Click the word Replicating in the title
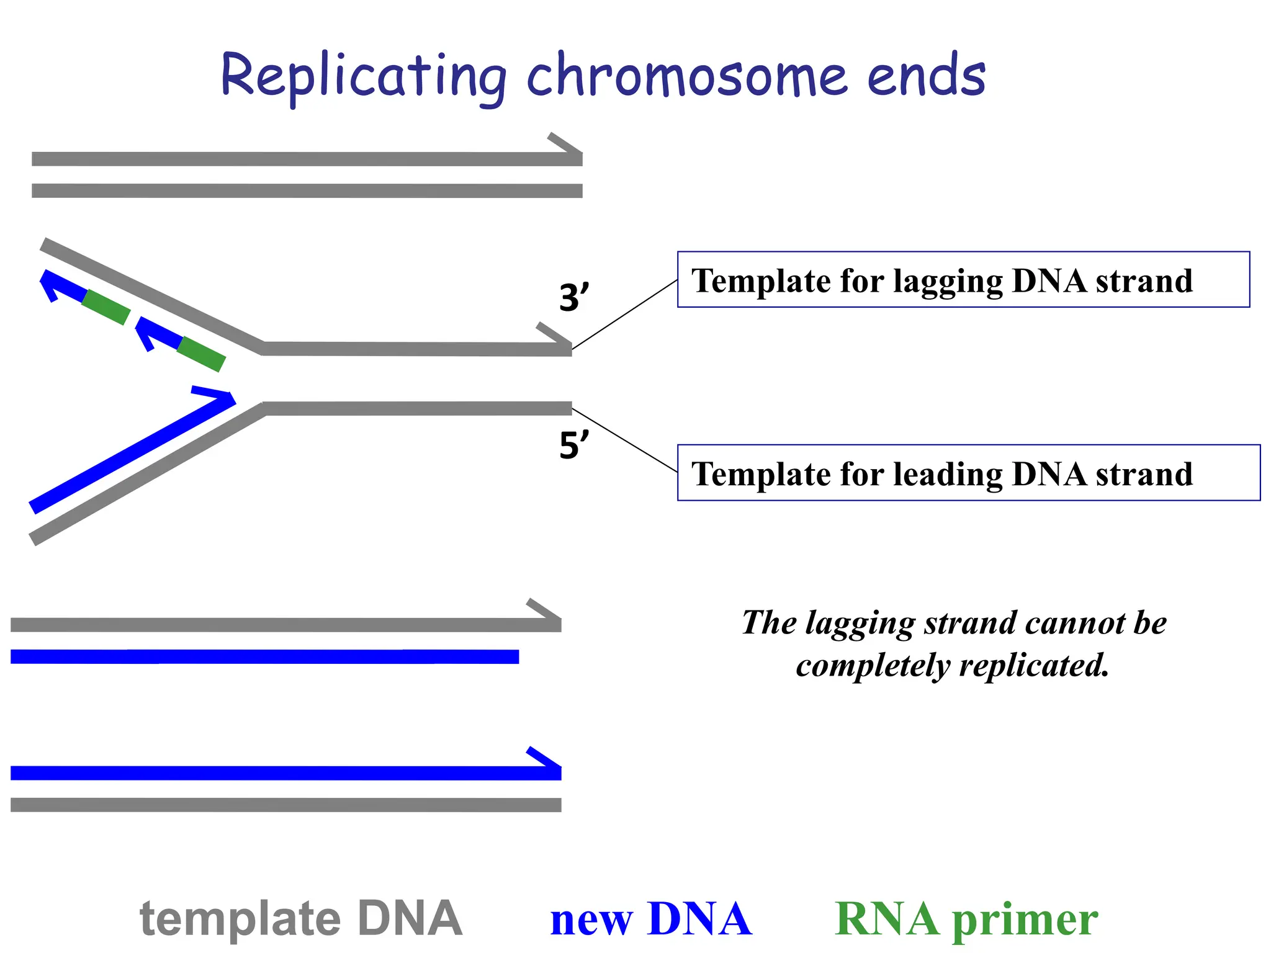(363, 76)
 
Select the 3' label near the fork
(573, 298)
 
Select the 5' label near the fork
(573, 445)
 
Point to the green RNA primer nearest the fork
(200, 354)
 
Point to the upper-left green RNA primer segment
(106, 307)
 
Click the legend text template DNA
(301, 918)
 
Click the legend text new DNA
(650, 919)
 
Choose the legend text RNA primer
(966, 919)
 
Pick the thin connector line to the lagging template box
(624, 315)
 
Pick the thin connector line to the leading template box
(624, 440)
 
